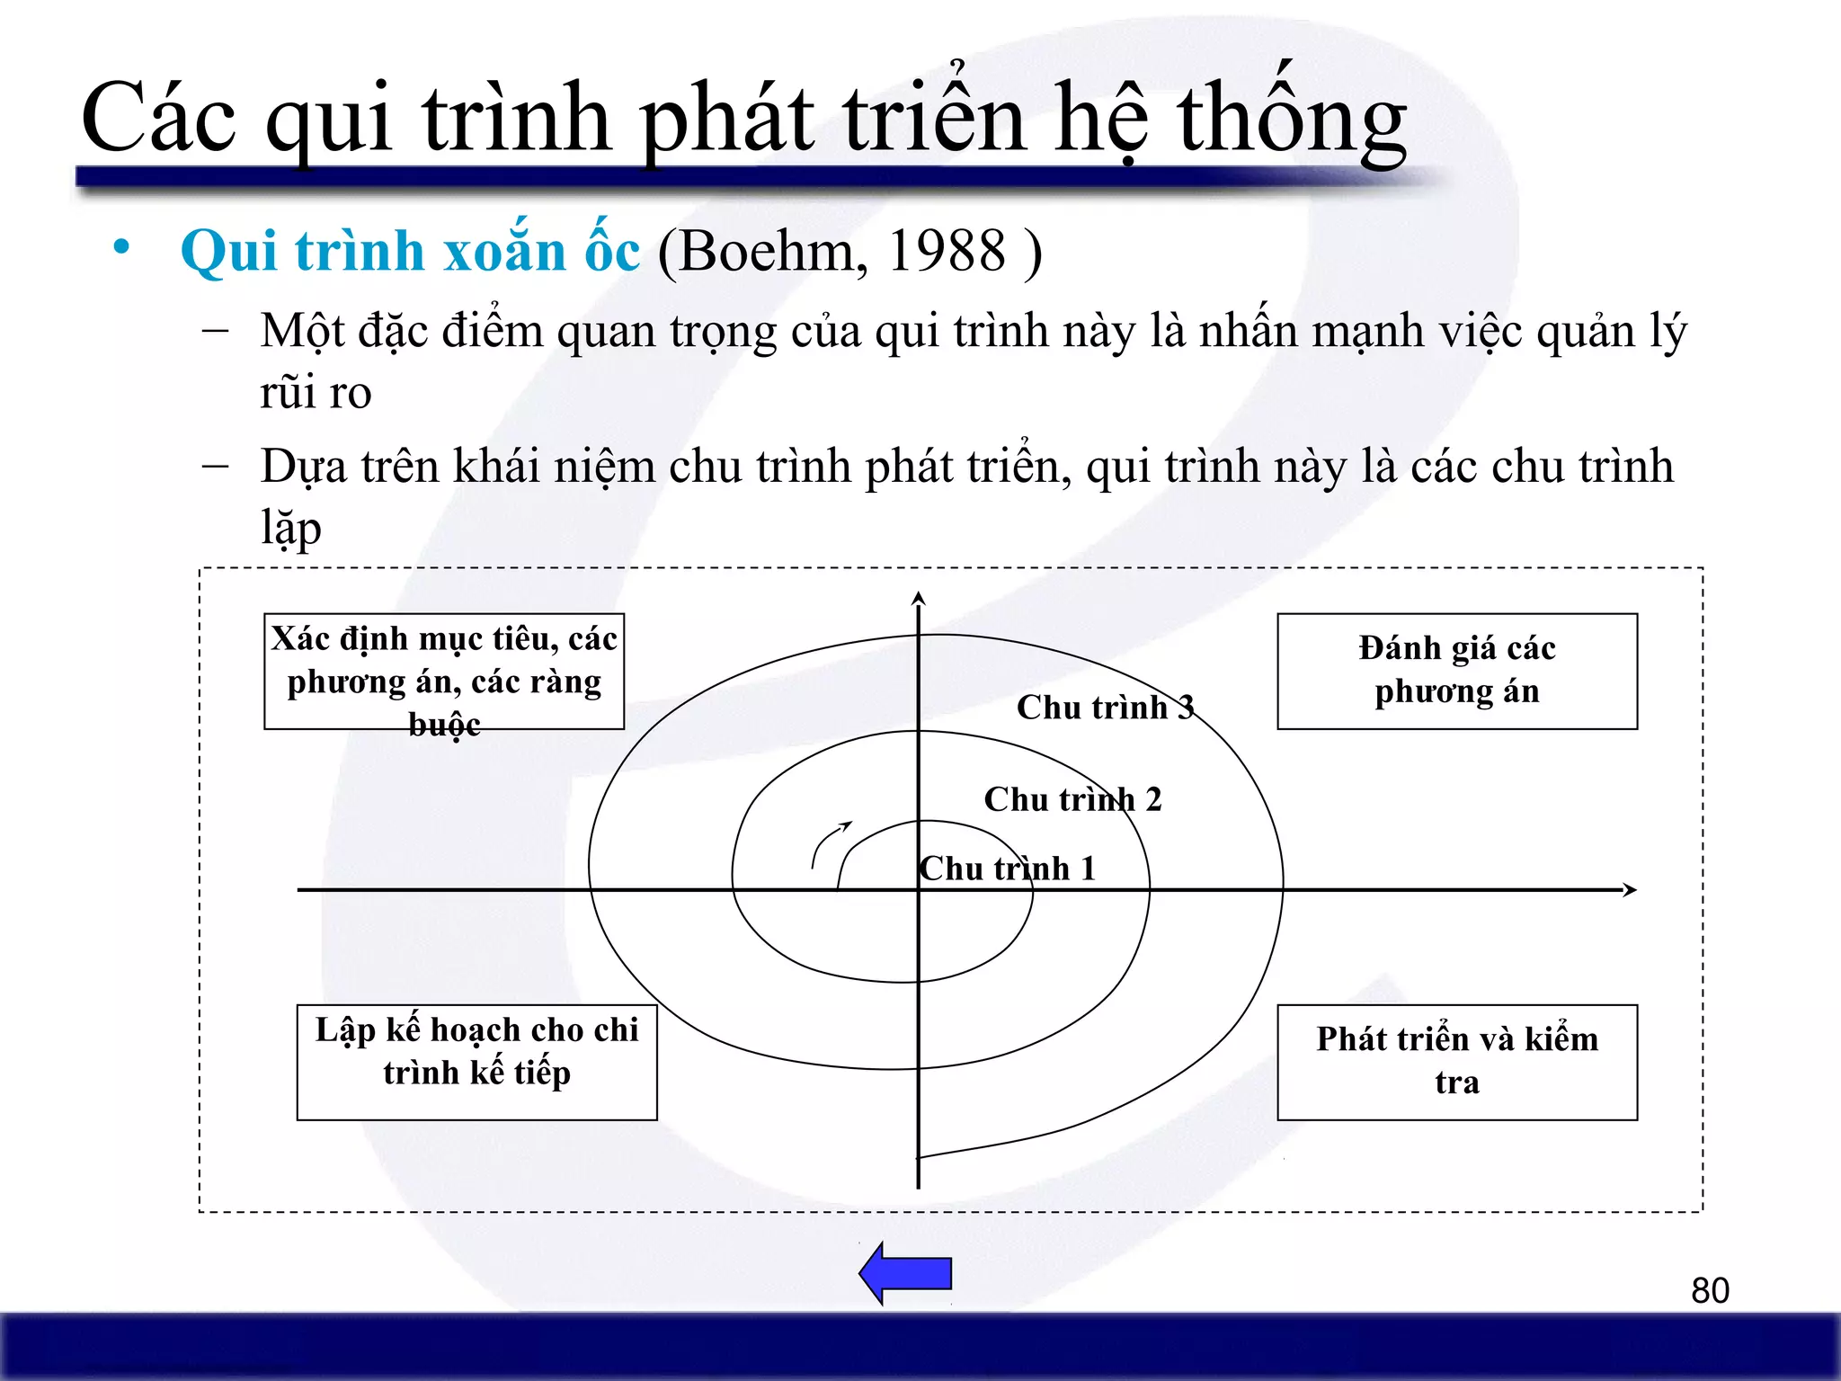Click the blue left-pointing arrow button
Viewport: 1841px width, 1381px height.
pos(906,1273)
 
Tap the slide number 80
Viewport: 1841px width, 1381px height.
pos(1710,1291)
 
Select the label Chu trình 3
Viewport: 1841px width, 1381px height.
pos(1105,708)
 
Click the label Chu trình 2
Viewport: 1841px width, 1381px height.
pos(1072,799)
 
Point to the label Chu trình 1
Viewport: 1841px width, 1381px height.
pos(1008,869)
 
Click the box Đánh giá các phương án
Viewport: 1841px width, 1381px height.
pos(1456,671)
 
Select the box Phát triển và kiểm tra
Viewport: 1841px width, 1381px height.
pos(1456,1062)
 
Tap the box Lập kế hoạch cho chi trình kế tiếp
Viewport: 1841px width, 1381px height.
pos(476,1062)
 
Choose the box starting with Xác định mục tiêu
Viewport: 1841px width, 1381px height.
pos(444,671)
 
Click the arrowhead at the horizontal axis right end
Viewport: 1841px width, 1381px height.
pos(1629,890)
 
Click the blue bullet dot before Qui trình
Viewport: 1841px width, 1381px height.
pos(121,247)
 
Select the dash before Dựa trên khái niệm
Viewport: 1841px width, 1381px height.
pos(215,467)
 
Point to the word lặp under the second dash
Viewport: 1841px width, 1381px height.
pos(290,529)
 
